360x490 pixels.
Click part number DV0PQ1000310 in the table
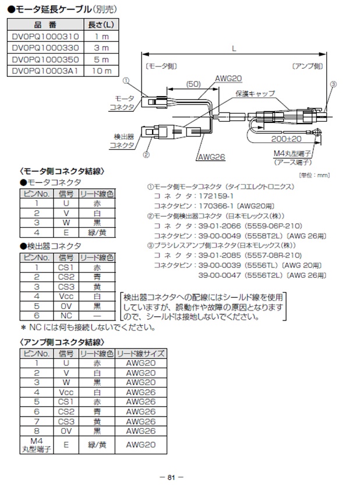tap(46, 36)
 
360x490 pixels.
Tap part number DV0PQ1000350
tap(46, 59)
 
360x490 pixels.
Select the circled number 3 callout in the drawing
tap(333, 84)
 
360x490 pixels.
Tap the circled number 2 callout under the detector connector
tap(146, 155)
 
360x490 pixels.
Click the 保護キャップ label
tap(255, 93)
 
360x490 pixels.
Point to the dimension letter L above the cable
tap(234, 50)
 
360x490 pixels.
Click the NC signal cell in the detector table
tap(66, 315)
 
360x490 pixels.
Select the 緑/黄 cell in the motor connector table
tap(96, 232)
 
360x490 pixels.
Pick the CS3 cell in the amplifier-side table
tap(66, 421)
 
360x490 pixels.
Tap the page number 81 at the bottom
tap(171, 477)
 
